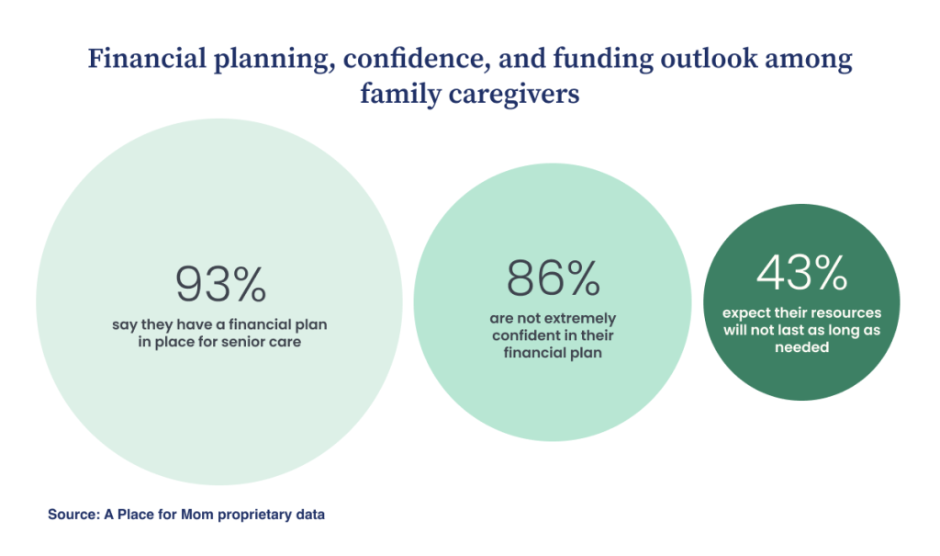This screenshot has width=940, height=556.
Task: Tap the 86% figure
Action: point(552,278)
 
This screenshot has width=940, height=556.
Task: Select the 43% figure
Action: point(801,272)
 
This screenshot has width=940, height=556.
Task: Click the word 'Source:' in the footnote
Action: point(73,515)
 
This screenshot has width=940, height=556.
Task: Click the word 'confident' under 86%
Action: point(522,335)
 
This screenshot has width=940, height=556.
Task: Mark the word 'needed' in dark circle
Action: point(801,347)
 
